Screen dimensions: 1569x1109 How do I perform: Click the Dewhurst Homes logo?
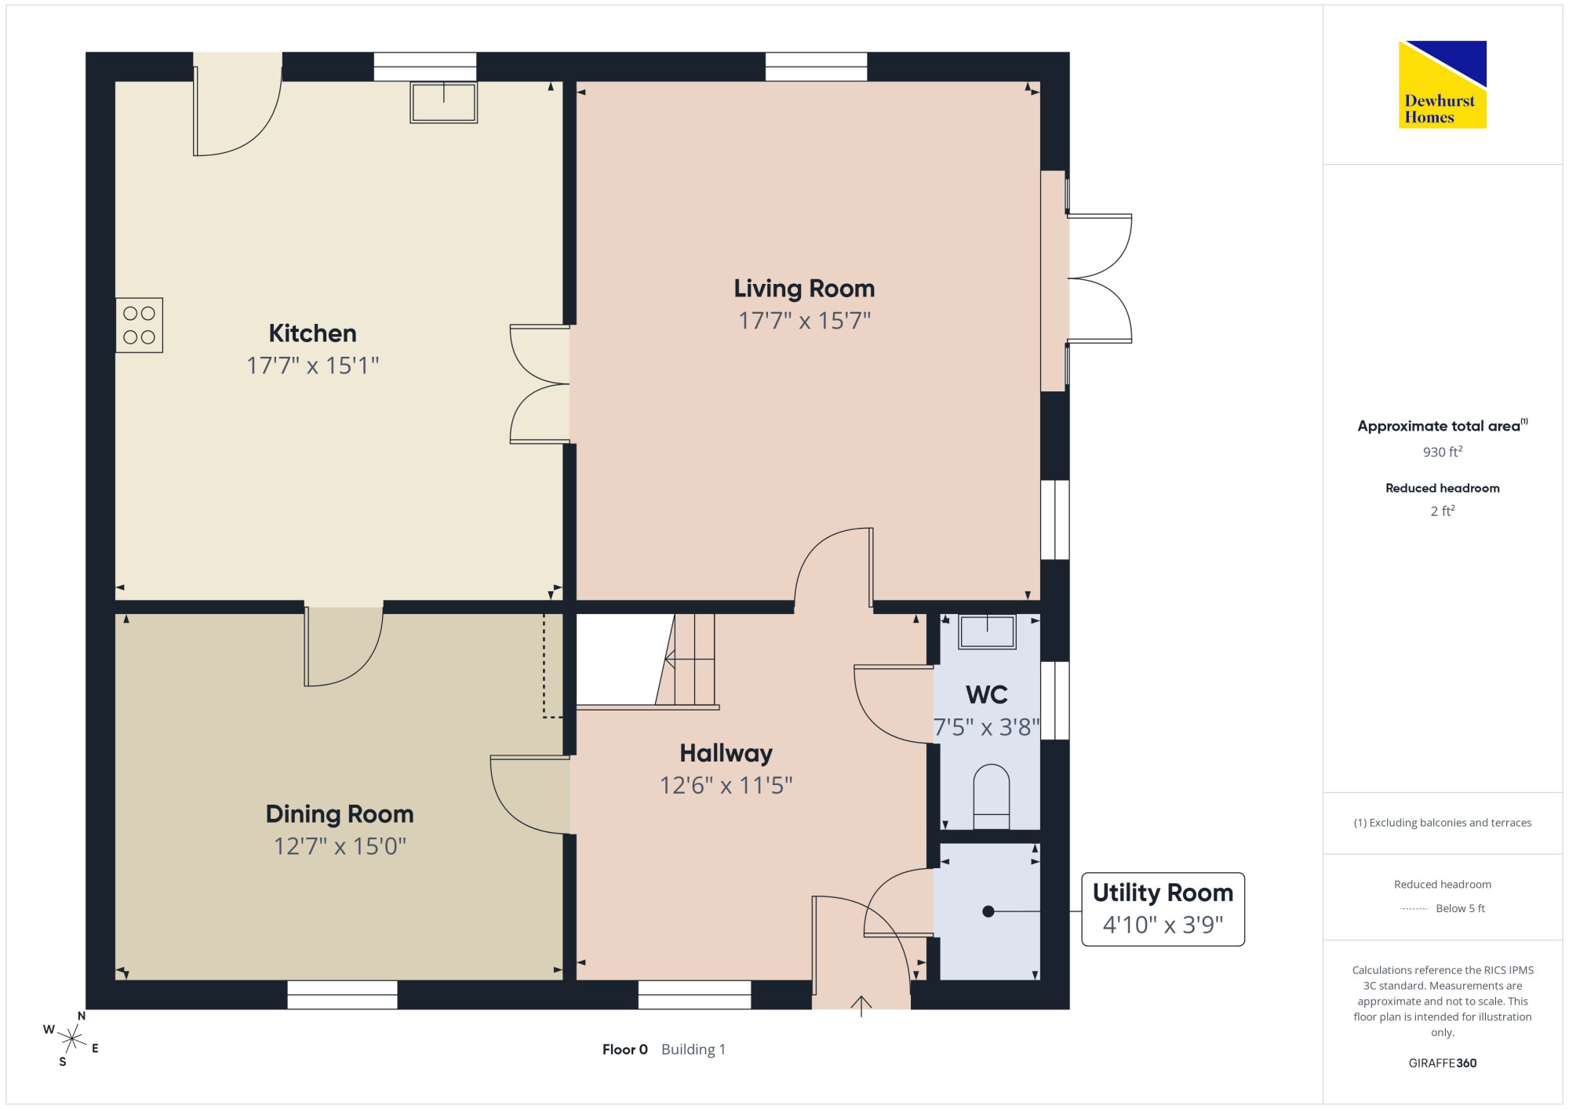(1442, 84)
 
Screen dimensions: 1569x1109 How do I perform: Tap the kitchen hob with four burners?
(139, 325)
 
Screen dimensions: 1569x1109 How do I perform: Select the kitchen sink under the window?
(444, 102)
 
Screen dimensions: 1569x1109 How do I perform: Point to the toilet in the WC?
(991, 796)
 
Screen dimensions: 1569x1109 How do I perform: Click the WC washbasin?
(987, 631)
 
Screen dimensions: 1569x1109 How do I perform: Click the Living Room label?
(804, 289)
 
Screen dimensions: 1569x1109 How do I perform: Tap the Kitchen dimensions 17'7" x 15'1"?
(313, 365)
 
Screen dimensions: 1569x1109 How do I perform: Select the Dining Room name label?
(340, 814)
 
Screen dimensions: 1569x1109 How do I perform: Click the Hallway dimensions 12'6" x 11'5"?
(726, 785)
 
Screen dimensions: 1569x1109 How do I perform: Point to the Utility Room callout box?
(1163, 909)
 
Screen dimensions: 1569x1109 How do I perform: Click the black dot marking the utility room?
(988, 911)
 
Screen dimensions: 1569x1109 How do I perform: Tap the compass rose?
(71, 1039)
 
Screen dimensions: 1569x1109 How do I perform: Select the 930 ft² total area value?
(1442, 452)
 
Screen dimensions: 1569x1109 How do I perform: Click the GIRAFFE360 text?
(1442, 1064)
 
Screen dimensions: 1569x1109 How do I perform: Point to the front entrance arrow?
(861, 1006)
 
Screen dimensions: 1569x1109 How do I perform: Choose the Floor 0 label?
(624, 1049)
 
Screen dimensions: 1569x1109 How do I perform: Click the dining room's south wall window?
(342, 994)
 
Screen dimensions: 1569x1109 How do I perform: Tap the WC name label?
(987, 694)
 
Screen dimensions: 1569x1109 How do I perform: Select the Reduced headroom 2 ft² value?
(1442, 511)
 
